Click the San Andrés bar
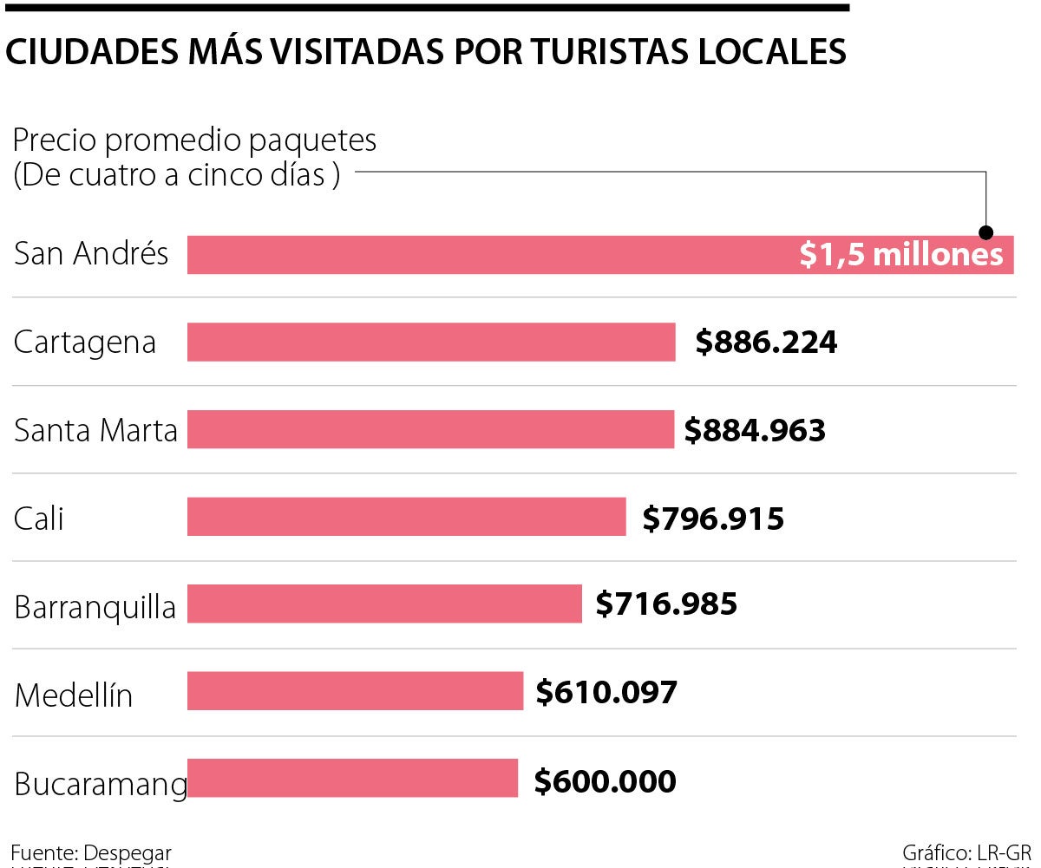(x=486, y=255)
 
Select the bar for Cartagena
(x=431, y=342)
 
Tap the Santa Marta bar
(x=430, y=429)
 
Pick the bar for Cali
(x=406, y=517)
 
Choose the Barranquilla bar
(x=384, y=604)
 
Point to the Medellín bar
(x=355, y=691)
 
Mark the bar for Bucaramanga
(x=352, y=779)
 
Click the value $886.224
(x=766, y=343)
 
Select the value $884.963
(x=755, y=430)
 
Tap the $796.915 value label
(x=713, y=519)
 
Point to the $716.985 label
(x=666, y=604)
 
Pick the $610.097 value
(x=606, y=692)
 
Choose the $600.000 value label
(x=605, y=781)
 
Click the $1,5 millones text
(x=900, y=255)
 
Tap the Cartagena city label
(x=85, y=343)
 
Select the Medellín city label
(x=74, y=695)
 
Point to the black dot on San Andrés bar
(x=986, y=232)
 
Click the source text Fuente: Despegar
(x=91, y=852)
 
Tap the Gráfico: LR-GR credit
(x=966, y=852)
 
